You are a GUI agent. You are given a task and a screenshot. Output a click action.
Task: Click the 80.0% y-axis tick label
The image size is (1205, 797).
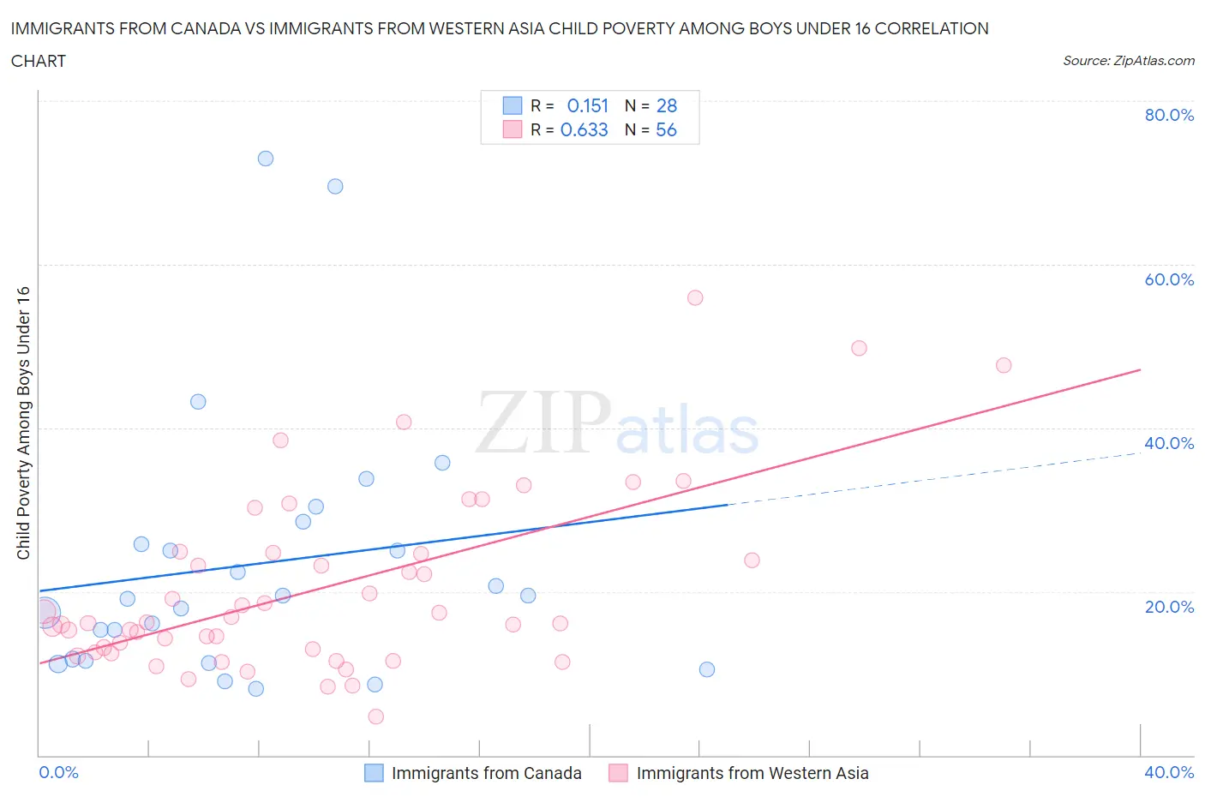[1169, 115]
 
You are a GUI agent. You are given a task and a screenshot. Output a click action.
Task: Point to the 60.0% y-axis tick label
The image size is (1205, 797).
[1169, 279]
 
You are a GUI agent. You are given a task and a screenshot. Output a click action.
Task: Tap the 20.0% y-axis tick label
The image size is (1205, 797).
[1169, 607]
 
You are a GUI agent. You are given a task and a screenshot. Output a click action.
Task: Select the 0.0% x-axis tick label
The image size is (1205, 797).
[59, 772]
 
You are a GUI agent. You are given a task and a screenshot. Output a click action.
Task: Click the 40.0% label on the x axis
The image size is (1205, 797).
[1169, 772]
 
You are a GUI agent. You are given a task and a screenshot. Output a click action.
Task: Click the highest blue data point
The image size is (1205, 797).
[266, 159]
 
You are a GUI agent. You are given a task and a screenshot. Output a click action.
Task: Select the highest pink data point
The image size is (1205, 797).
[695, 298]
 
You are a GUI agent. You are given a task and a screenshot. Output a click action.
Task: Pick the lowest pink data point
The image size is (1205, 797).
[375, 716]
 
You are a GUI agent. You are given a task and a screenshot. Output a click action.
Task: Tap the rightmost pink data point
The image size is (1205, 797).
[1004, 365]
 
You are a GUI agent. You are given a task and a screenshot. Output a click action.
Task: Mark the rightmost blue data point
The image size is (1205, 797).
[707, 669]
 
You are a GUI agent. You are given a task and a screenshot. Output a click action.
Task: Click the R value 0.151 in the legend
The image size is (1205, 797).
[587, 105]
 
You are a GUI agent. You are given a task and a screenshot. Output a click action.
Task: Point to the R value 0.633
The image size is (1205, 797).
[584, 129]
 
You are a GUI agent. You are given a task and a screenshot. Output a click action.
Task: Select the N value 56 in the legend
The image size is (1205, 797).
[666, 129]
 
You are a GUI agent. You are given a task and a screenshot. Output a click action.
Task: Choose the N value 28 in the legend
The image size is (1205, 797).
[666, 105]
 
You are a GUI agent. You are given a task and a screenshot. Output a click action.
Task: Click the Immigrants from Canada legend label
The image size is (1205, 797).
[486, 773]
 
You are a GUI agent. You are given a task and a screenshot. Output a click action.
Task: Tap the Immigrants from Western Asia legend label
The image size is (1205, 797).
[752, 773]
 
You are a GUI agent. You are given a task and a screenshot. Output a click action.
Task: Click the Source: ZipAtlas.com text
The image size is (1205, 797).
[1128, 61]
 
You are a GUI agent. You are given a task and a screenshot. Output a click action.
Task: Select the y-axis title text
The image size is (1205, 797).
[24, 422]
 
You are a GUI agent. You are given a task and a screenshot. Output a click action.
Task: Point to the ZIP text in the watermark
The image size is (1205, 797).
[543, 422]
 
